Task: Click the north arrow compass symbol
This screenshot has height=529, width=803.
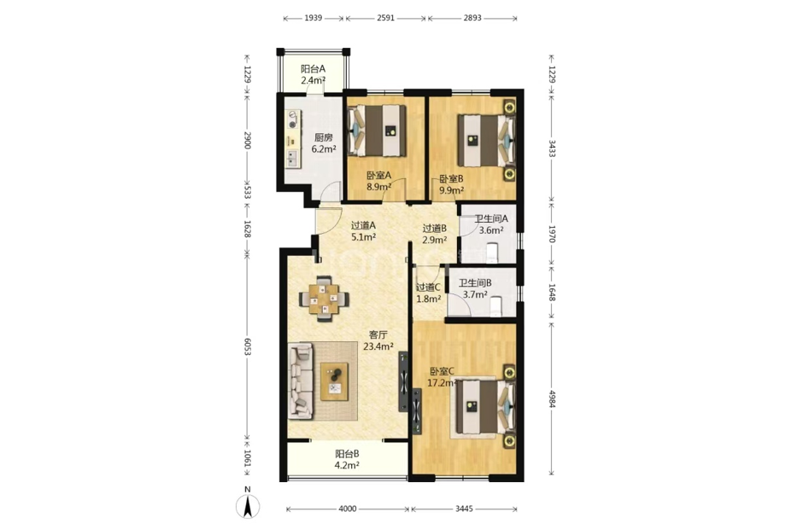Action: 248,506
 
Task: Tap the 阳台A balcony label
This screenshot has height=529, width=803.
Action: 313,69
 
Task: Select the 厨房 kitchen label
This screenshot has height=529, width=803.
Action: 324,137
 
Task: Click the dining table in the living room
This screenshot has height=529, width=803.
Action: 324,299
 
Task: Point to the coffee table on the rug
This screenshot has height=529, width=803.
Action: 334,381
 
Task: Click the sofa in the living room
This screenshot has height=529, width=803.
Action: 301,381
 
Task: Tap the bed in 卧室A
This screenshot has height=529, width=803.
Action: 377,131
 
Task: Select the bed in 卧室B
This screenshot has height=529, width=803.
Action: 486,141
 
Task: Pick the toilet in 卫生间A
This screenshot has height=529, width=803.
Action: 492,253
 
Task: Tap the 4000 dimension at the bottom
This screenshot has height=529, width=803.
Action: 347,509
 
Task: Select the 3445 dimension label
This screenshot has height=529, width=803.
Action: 464,509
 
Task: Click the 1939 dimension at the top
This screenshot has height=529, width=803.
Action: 314,18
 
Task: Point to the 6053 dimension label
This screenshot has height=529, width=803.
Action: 248,346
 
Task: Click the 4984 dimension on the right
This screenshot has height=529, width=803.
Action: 552,399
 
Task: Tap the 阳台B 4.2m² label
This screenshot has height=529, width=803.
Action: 347,459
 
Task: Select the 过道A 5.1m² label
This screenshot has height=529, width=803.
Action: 364,230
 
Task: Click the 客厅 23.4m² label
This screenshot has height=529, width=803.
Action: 378,340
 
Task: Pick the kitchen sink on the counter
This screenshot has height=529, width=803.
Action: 293,159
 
